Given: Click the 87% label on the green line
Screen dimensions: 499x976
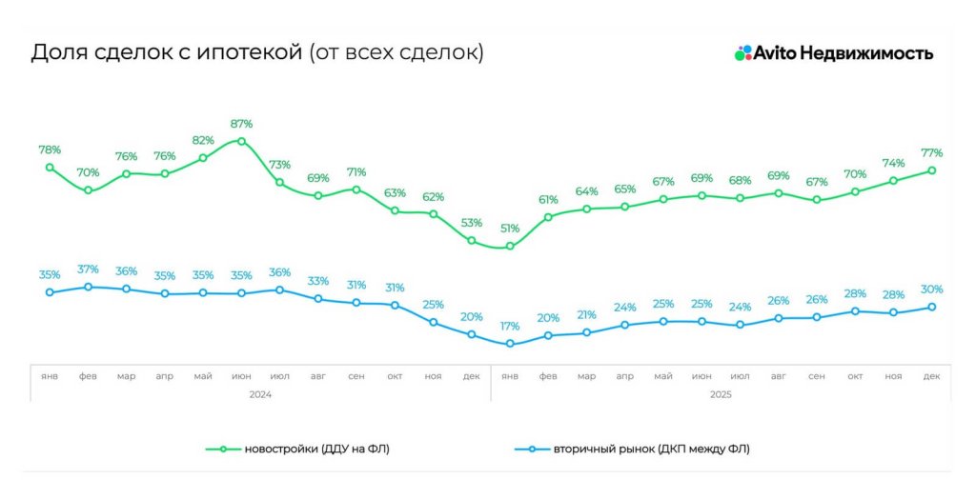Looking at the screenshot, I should [241, 124].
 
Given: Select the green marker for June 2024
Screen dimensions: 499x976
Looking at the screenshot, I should [241, 141].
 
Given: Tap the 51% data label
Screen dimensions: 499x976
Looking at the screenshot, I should [510, 229].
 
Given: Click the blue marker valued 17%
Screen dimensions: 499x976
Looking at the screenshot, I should [510, 344].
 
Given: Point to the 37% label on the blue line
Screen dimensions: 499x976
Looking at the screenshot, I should [88, 269].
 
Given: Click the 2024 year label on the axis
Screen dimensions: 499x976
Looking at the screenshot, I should [260, 393].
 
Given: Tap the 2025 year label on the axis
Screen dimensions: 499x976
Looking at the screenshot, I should [721, 393].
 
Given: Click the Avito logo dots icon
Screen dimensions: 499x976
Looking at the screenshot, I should [743, 53].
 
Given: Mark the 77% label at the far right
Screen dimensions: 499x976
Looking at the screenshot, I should [931, 153].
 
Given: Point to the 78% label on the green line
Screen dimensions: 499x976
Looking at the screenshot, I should [50, 150].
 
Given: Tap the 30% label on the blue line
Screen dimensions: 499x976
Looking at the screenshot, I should [931, 289].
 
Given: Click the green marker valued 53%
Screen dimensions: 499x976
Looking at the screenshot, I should [472, 241].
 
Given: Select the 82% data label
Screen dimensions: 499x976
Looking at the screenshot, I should [203, 140].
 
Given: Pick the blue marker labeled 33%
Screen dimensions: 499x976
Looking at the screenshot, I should [318, 298].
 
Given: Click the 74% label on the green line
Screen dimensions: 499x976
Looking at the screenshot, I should [893, 163].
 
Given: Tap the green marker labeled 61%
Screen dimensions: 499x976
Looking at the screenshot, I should [548, 217].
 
